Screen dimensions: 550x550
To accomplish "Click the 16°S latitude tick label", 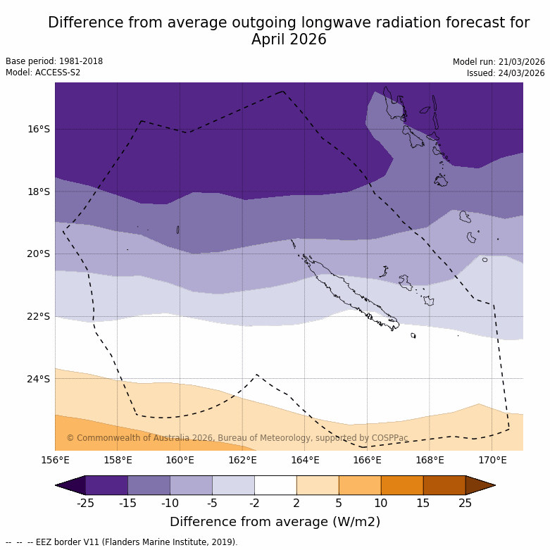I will (39, 129).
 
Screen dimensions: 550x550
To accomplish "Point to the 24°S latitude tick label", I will (39, 379).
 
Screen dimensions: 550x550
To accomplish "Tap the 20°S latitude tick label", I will (39, 254).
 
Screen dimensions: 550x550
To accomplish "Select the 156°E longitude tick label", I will (55, 461).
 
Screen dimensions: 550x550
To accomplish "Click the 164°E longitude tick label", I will (305, 461).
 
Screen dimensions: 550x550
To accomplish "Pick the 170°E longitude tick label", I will (492, 461).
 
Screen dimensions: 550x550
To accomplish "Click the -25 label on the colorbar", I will (85, 503).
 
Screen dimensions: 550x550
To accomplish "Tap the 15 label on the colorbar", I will (423, 503).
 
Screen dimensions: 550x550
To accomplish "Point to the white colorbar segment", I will (275, 485).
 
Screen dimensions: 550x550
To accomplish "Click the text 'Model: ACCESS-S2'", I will (43, 73).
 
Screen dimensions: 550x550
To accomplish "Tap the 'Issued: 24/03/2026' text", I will (506, 73).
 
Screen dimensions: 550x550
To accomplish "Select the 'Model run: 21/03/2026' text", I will (499, 62).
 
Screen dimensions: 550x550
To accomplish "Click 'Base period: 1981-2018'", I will (54, 61).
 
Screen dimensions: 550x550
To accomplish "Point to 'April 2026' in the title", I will (289, 39).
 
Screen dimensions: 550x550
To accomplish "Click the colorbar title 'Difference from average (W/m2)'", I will (275, 522).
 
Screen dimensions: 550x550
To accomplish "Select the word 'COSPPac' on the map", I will (390, 438).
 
